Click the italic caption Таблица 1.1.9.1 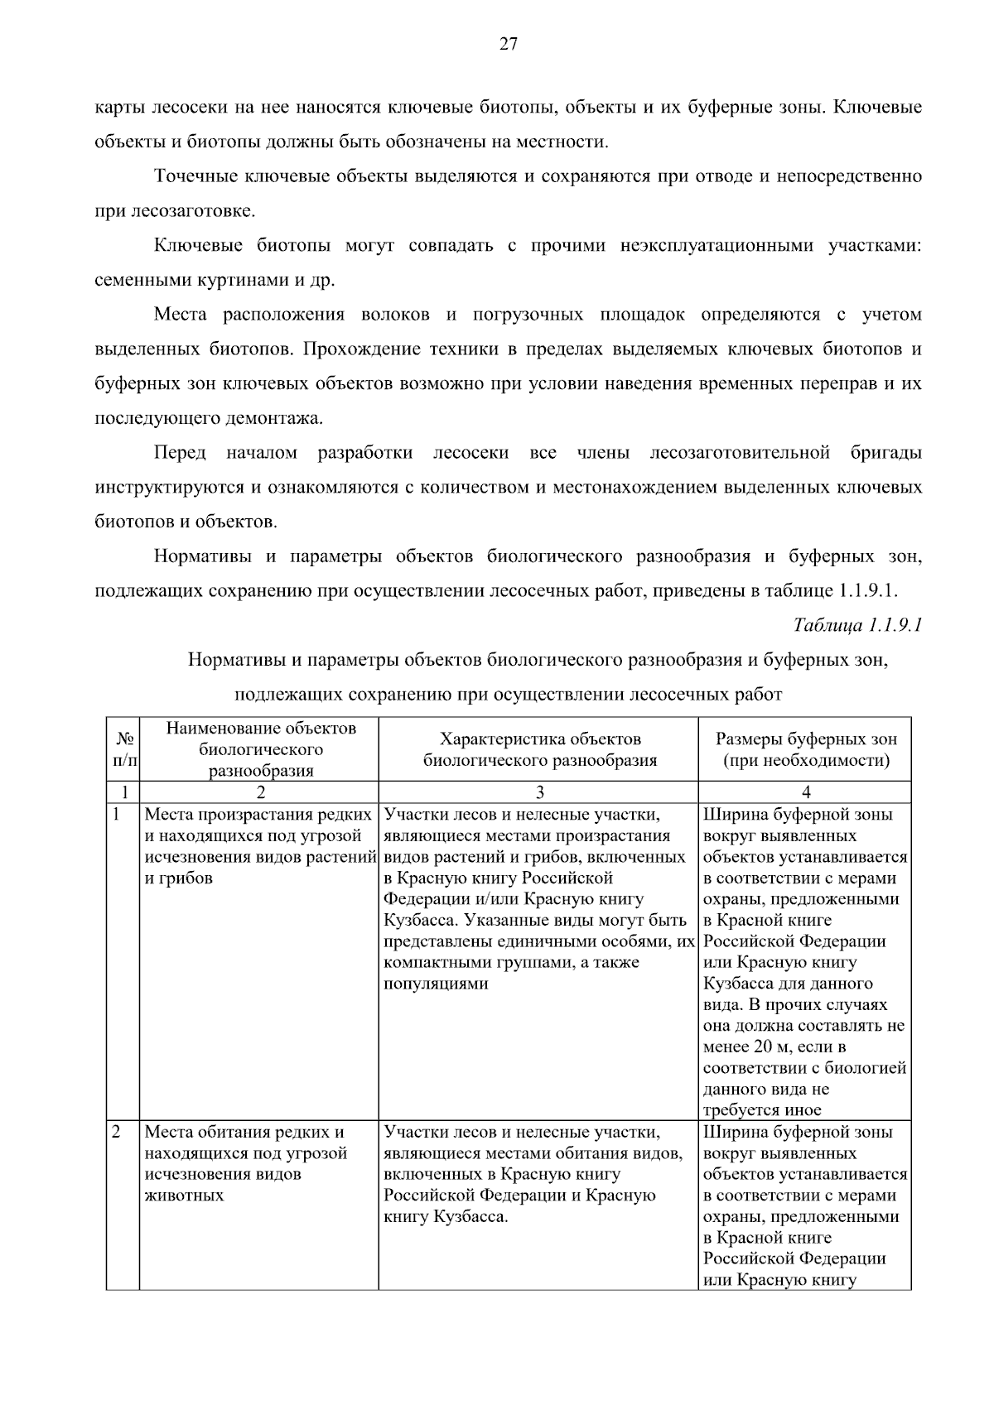tap(857, 624)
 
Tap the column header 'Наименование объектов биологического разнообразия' tap(260, 749)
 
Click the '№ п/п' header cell tap(123, 749)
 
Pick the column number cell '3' tap(539, 792)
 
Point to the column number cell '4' tap(805, 792)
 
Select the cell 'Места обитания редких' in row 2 tap(244, 1132)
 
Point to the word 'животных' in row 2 tap(184, 1196)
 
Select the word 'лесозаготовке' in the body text tap(191, 211)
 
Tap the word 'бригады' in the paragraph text tap(885, 453)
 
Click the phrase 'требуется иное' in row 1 tap(762, 1110)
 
